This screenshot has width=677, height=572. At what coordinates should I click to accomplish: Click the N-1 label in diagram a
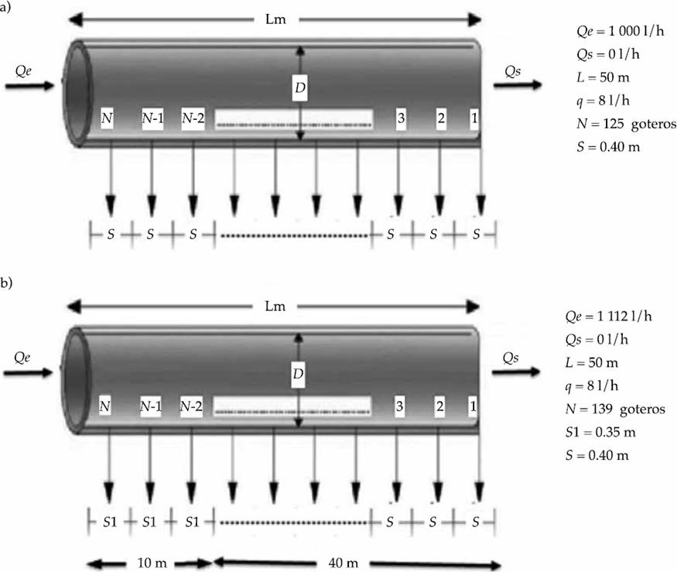click(x=152, y=119)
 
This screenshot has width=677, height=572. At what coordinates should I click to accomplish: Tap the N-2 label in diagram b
click(x=193, y=406)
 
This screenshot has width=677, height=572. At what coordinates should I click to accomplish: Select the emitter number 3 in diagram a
click(x=401, y=119)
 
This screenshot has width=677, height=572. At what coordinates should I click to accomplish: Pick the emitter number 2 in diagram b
click(x=440, y=406)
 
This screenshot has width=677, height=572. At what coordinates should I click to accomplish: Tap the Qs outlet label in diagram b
click(x=511, y=357)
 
